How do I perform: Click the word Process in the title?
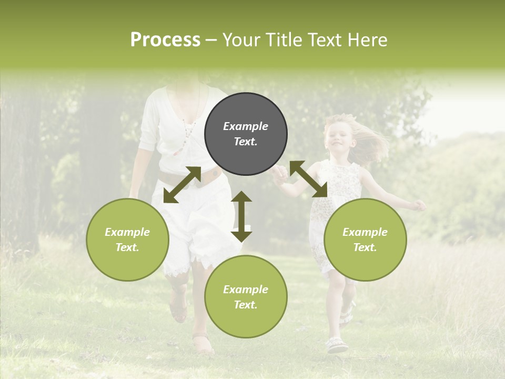point(165,40)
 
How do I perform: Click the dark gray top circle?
point(246,134)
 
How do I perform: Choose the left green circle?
point(127,240)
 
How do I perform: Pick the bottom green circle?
point(246,296)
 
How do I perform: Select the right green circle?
point(365,240)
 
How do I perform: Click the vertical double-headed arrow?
point(241,216)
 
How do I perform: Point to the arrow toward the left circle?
point(182,185)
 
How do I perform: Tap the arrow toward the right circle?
point(308,179)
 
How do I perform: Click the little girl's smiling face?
point(337,138)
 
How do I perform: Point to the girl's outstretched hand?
point(419,205)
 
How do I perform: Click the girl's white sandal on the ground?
point(337,345)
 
